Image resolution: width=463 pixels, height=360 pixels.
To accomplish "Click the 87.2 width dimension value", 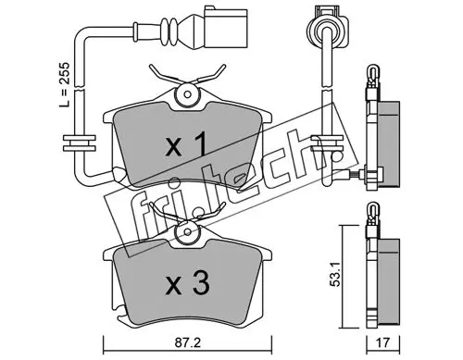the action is [x=188, y=342].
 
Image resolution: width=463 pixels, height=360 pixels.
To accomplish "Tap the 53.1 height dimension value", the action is [x=335, y=275].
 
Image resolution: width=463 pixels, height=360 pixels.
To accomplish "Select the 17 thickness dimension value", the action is [x=383, y=342].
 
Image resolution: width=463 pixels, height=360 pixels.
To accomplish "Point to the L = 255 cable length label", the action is [x=65, y=85].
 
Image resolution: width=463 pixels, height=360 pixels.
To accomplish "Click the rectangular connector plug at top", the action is [x=226, y=29].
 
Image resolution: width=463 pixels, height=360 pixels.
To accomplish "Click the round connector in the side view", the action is [x=327, y=31].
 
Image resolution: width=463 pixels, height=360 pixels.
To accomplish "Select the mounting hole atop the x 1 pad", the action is [x=187, y=93].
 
